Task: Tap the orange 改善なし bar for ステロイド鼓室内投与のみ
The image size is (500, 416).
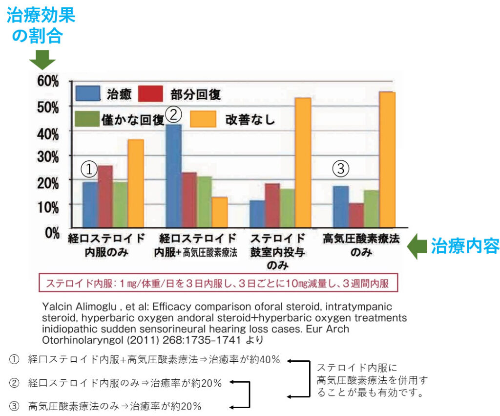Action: (303, 163)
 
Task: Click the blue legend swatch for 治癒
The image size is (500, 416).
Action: (88, 93)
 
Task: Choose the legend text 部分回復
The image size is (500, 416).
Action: (195, 93)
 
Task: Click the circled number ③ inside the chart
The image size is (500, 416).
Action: (341, 169)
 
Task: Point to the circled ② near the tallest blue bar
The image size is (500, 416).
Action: (174, 114)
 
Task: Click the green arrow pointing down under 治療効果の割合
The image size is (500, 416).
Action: (42, 61)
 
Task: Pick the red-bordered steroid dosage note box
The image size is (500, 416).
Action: (217, 283)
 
